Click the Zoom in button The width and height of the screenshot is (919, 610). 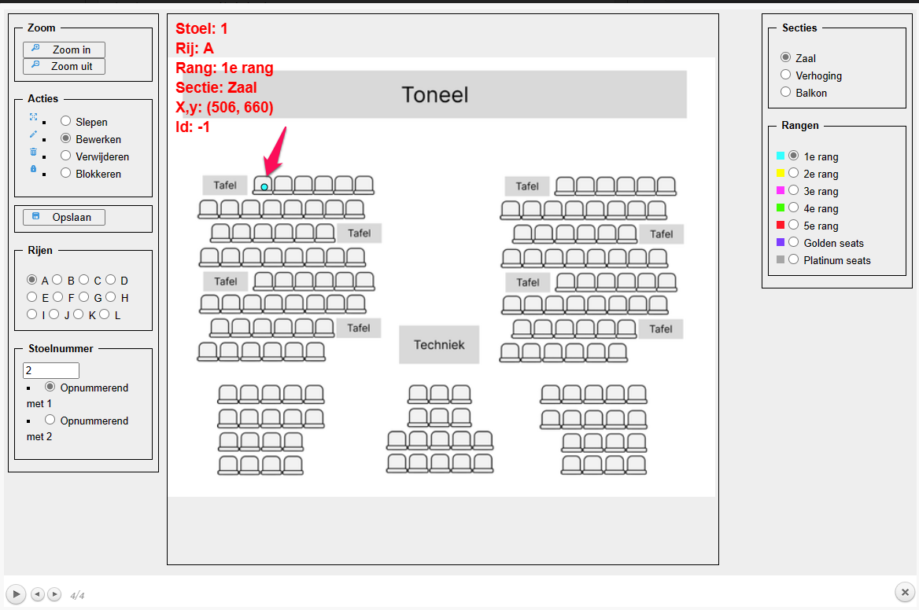(x=64, y=50)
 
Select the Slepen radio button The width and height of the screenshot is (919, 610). (x=66, y=121)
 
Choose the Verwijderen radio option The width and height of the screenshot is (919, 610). (x=66, y=156)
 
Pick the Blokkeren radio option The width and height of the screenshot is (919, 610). (x=66, y=173)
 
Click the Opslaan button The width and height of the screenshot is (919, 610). (x=64, y=217)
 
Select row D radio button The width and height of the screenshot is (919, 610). (x=111, y=279)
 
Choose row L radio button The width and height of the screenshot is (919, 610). (x=105, y=314)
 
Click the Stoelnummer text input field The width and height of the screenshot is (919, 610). (x=51, y=370)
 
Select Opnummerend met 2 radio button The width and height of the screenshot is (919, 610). (x=50, y=420)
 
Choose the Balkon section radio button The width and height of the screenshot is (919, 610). (x=785, y=92)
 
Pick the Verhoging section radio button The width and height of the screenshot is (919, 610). (x=785, y=75)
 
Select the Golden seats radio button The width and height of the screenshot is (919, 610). (x=793, y=242)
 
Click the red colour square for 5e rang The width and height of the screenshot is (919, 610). (x=781, y=225)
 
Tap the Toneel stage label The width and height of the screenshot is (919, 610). (x=434, y=95)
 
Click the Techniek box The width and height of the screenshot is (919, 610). (x=439, y=344)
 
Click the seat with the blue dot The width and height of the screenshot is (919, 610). (x=264, y=186)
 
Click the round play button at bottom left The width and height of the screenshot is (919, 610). (x=16, y=593)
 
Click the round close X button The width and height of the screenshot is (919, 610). (x=904, y=592)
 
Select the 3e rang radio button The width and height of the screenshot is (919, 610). (x=793, y=190)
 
